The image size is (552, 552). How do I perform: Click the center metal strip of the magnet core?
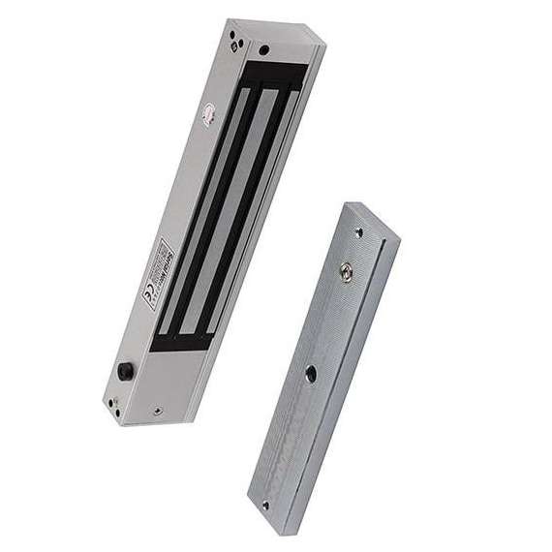[x=225, y=208]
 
